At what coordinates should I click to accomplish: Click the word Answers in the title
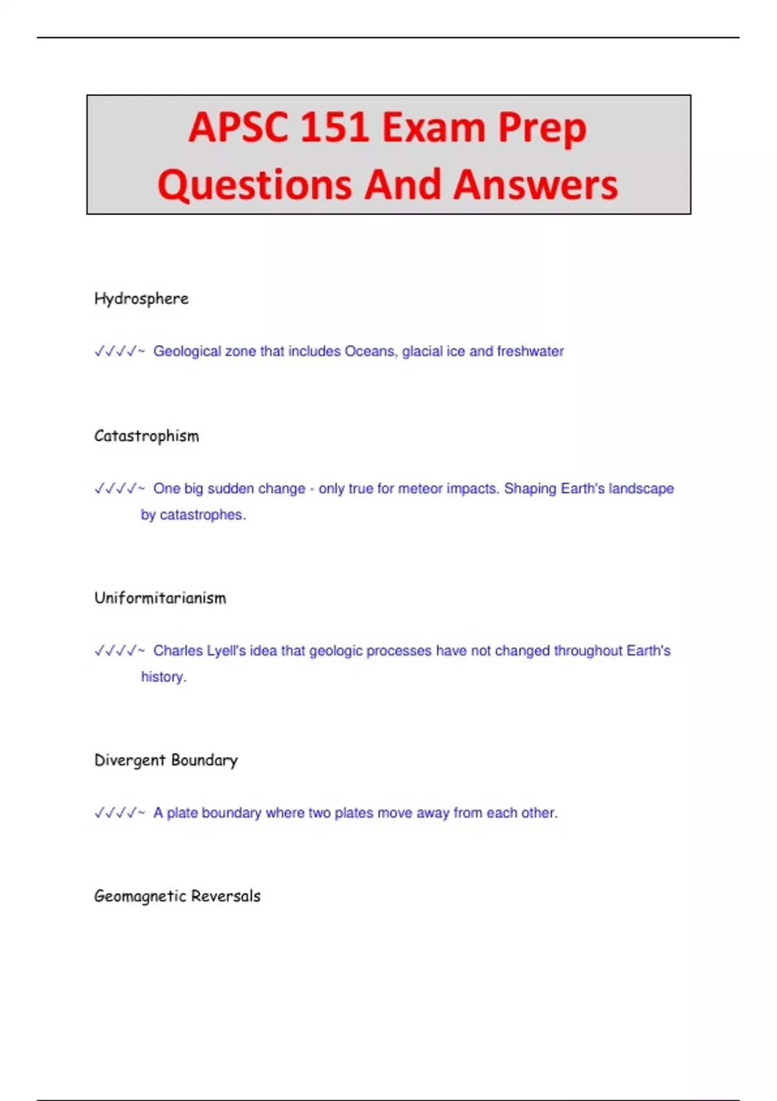click(x=535, y=185)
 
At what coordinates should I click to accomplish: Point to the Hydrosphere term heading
click(x=141, y=299)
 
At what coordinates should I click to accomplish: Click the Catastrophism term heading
click(x=146, y=436)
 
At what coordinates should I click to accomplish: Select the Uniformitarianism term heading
click(x=160, y=598)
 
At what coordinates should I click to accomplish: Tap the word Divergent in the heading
click(x=130, y=760)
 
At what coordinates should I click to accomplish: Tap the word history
click(x=163, y=677)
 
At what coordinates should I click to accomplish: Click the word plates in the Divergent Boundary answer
click(x=355, y=813)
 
